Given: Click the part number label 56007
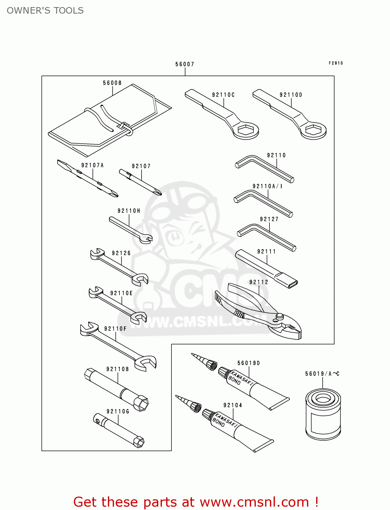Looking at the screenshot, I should click(x=185, y=64).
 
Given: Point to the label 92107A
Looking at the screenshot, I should click(x=93, y=165).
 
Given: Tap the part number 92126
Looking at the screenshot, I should click(x=121, y=253).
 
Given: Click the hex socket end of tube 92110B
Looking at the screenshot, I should click(x=141, y=403).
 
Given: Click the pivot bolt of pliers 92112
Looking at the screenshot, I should click(x=279, y=317).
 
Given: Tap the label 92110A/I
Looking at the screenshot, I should click(x=267, y=186).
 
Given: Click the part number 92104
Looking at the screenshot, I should click(x=233, y=405).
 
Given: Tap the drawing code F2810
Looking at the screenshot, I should click(x=336, y=63).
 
